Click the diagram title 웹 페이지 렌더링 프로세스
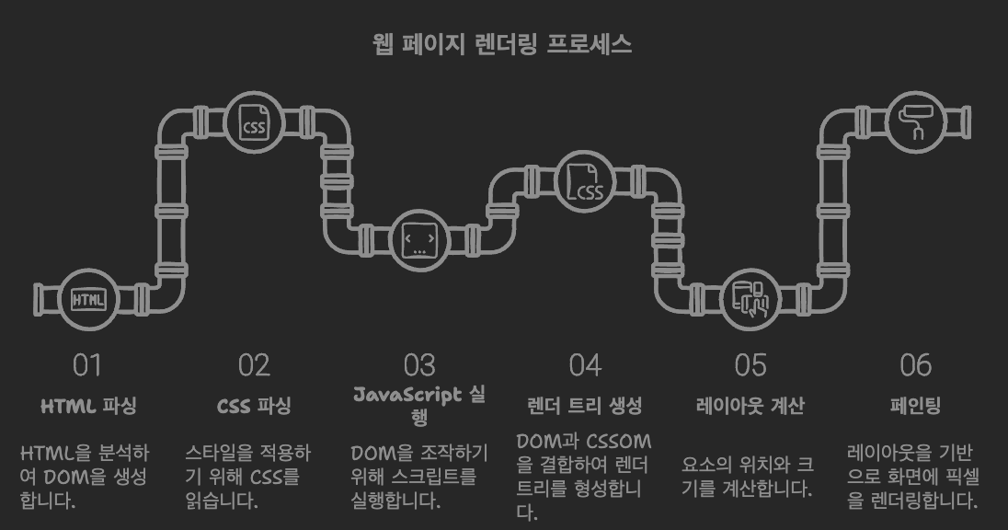click(x=503, y=44)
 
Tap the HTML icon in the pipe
click(x=88, y=299)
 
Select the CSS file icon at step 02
click(x=254, y=123)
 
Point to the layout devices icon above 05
click(x=750, y=299)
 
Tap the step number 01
click(x=87, y=365)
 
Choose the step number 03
click(x=419, y=365)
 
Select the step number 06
click(x=915, y=365)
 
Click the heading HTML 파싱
click(x=88, y=406)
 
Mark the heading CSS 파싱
click(x=254, y=406)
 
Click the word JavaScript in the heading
click(x=407, y=395)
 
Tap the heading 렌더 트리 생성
click(x=585, y=406)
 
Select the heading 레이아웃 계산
click(x=750, y=406)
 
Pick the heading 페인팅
click(x=915, y=406)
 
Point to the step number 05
click(x=750, y=365)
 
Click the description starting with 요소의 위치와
click(x=747, y=477)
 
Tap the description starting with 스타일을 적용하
click(x=247, y=477)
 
